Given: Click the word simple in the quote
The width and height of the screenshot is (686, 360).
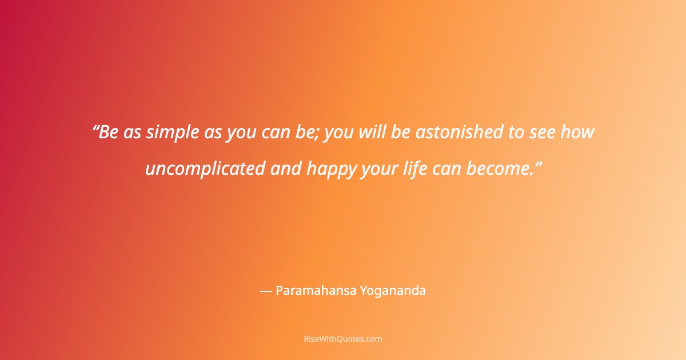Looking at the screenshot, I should [x=172, y=133].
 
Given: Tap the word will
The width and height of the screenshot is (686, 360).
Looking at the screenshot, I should [x=373, y=133].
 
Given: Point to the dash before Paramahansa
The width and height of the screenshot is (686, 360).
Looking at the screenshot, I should [x=265, y=291].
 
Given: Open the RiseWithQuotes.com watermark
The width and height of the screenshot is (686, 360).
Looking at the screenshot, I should [x=343, y=339].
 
